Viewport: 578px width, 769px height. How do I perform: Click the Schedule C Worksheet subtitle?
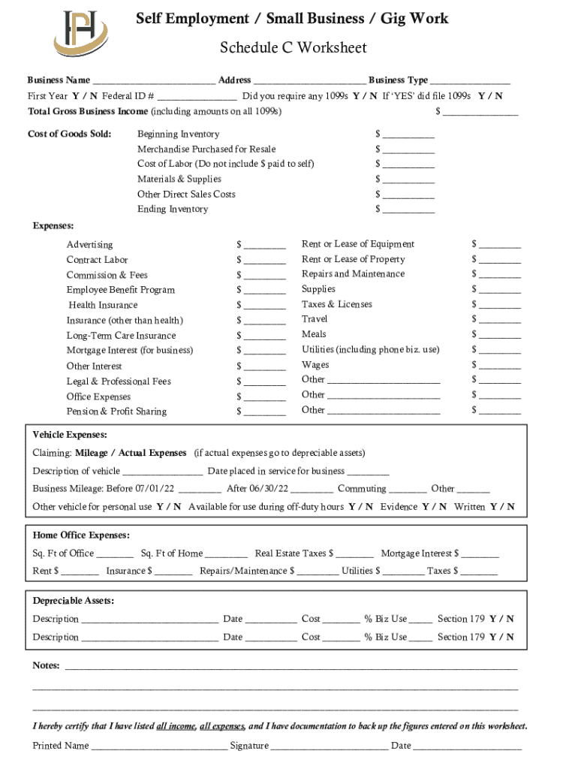pyautogui.click(x=293, y=48)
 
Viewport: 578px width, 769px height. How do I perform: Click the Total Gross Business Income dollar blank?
pyautogui.click(x=480, y=113)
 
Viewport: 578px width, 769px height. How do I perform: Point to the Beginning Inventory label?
pyautogui.click(x=178, y=134)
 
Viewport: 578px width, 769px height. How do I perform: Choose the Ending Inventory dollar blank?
pyautogui.click(x=408, y=210)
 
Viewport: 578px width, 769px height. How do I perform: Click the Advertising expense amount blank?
pyautogui.click(x=264, y=246)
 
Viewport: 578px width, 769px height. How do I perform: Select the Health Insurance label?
pyautogui.click(x=103, y=306)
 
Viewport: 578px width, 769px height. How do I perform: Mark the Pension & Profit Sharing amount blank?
pyautogui.click(x=264, y=412)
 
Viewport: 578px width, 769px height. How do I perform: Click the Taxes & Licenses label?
pyautogui.click(x=336, y=304)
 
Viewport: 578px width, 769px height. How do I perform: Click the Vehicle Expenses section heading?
pyautogui.click(x=70, y=435)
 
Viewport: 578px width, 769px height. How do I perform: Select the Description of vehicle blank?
pyautogui.click(x=162, y=472)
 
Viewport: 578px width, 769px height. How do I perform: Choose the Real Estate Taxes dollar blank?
pyautogui.click(x=355, y=555)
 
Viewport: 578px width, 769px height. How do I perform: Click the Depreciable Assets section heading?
pyautogui.click(x=74, y=601)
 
